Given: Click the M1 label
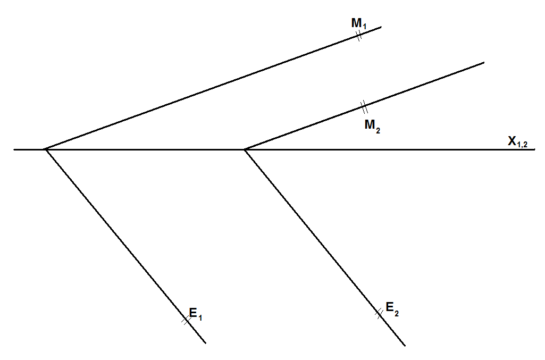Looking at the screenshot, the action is (359, 23).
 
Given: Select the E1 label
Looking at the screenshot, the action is (196, 314).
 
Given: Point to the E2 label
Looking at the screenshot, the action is (392, 309).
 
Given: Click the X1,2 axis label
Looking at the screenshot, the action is (518, 141).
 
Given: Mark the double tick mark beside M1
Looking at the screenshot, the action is (359, 36).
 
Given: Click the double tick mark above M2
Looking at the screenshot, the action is (364, 107).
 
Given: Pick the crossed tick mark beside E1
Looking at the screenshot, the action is (186, 320).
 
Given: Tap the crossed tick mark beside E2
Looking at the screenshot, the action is (379, 313).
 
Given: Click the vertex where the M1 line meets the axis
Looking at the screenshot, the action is (45, 149).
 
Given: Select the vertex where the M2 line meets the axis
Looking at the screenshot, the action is (245, 149).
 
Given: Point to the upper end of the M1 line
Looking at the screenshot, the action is (381, 27).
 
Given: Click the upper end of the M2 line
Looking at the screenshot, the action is (484, 63).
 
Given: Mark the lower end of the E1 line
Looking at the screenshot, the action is (206, 344).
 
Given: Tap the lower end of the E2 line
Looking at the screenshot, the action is (405, 346).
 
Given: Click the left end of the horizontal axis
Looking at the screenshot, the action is (14, 150).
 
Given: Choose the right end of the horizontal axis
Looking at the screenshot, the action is (535, 149).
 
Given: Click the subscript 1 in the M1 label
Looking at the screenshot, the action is (364, 27).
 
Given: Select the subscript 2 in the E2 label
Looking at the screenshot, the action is (397, 313).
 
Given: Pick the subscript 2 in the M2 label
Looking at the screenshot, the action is (378, 131).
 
